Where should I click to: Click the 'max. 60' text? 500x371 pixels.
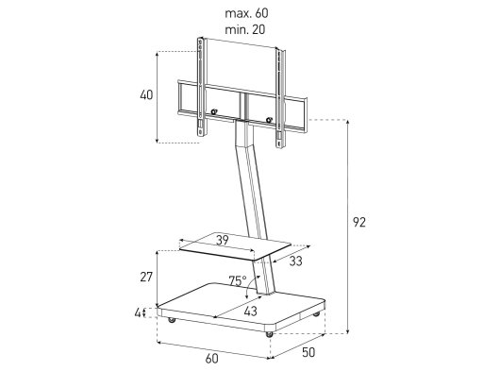point(246,13)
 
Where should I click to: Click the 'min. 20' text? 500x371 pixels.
point(245,29)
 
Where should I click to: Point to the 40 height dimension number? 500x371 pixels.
point(146,94)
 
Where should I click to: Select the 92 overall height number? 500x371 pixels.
point(359,222)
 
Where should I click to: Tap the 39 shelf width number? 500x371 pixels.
point(223,240)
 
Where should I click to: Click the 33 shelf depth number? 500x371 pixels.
point(295,261)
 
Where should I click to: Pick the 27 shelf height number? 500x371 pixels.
point(146,277)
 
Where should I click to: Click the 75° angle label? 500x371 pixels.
point(238,280)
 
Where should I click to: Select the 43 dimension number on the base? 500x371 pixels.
point(250,311)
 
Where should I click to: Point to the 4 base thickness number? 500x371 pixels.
point(138,312)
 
